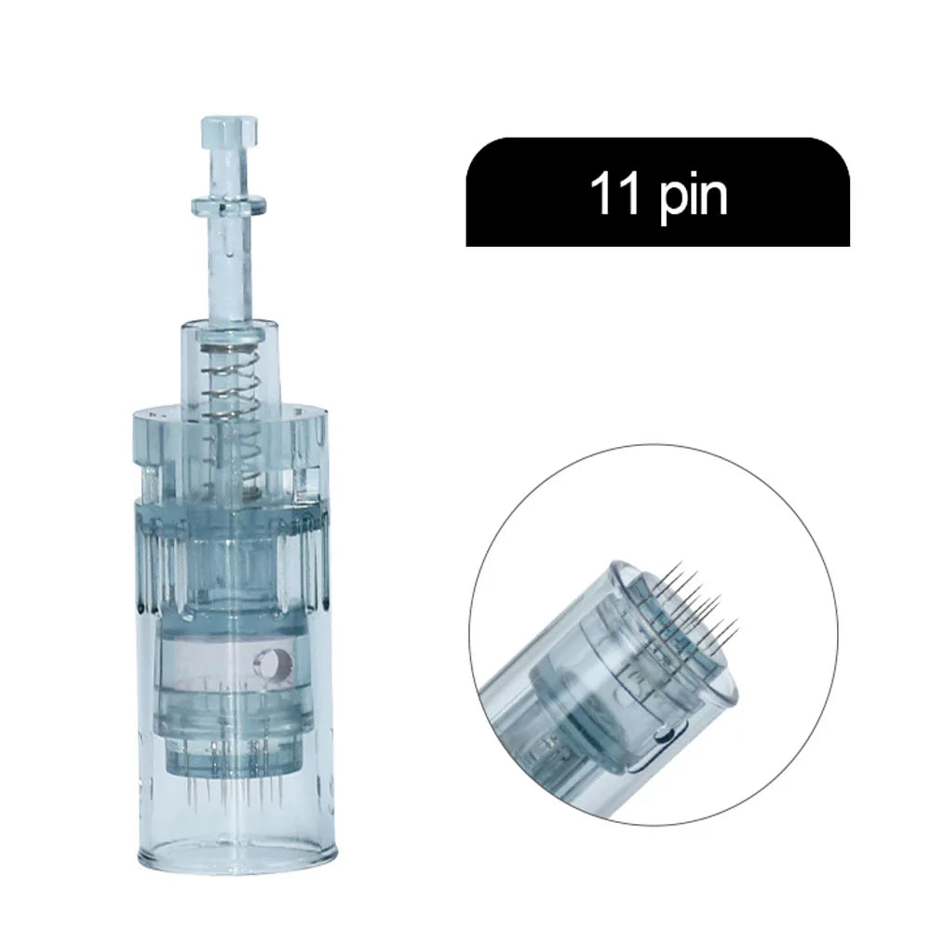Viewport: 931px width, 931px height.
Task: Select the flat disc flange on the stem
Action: click(x=228, y=205)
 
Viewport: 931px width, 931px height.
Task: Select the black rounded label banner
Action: click(x=657, y=191)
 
